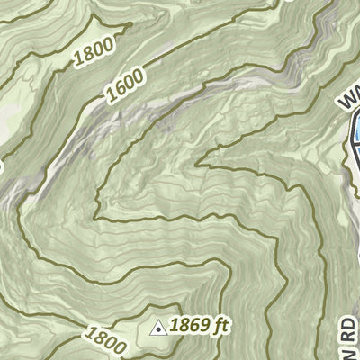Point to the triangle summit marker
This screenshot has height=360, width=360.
(158, 328)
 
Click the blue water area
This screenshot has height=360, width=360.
(356, 133)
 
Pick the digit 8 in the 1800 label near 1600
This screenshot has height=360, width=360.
(85, 59)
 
